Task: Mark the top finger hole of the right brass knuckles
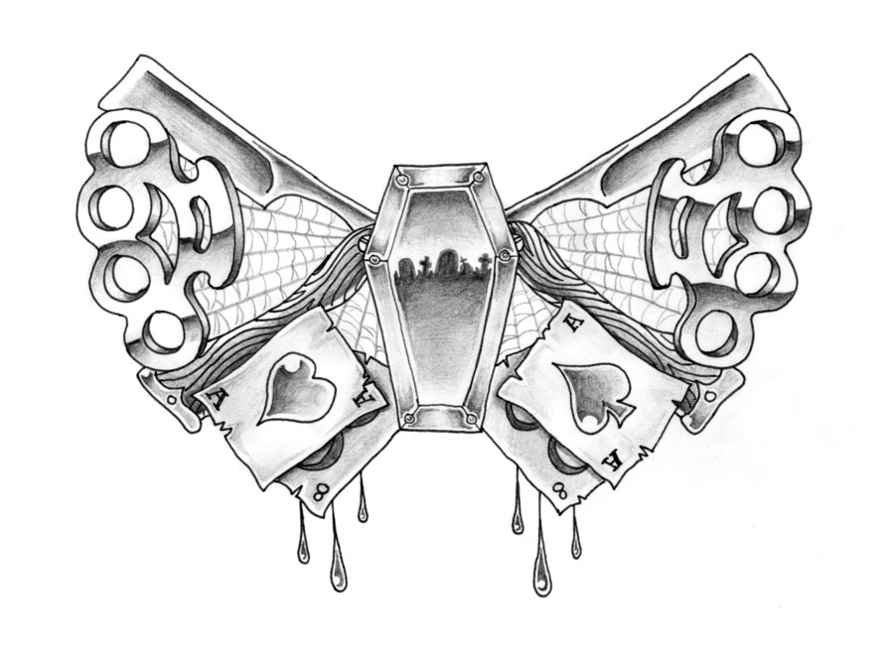click(761, 140)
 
